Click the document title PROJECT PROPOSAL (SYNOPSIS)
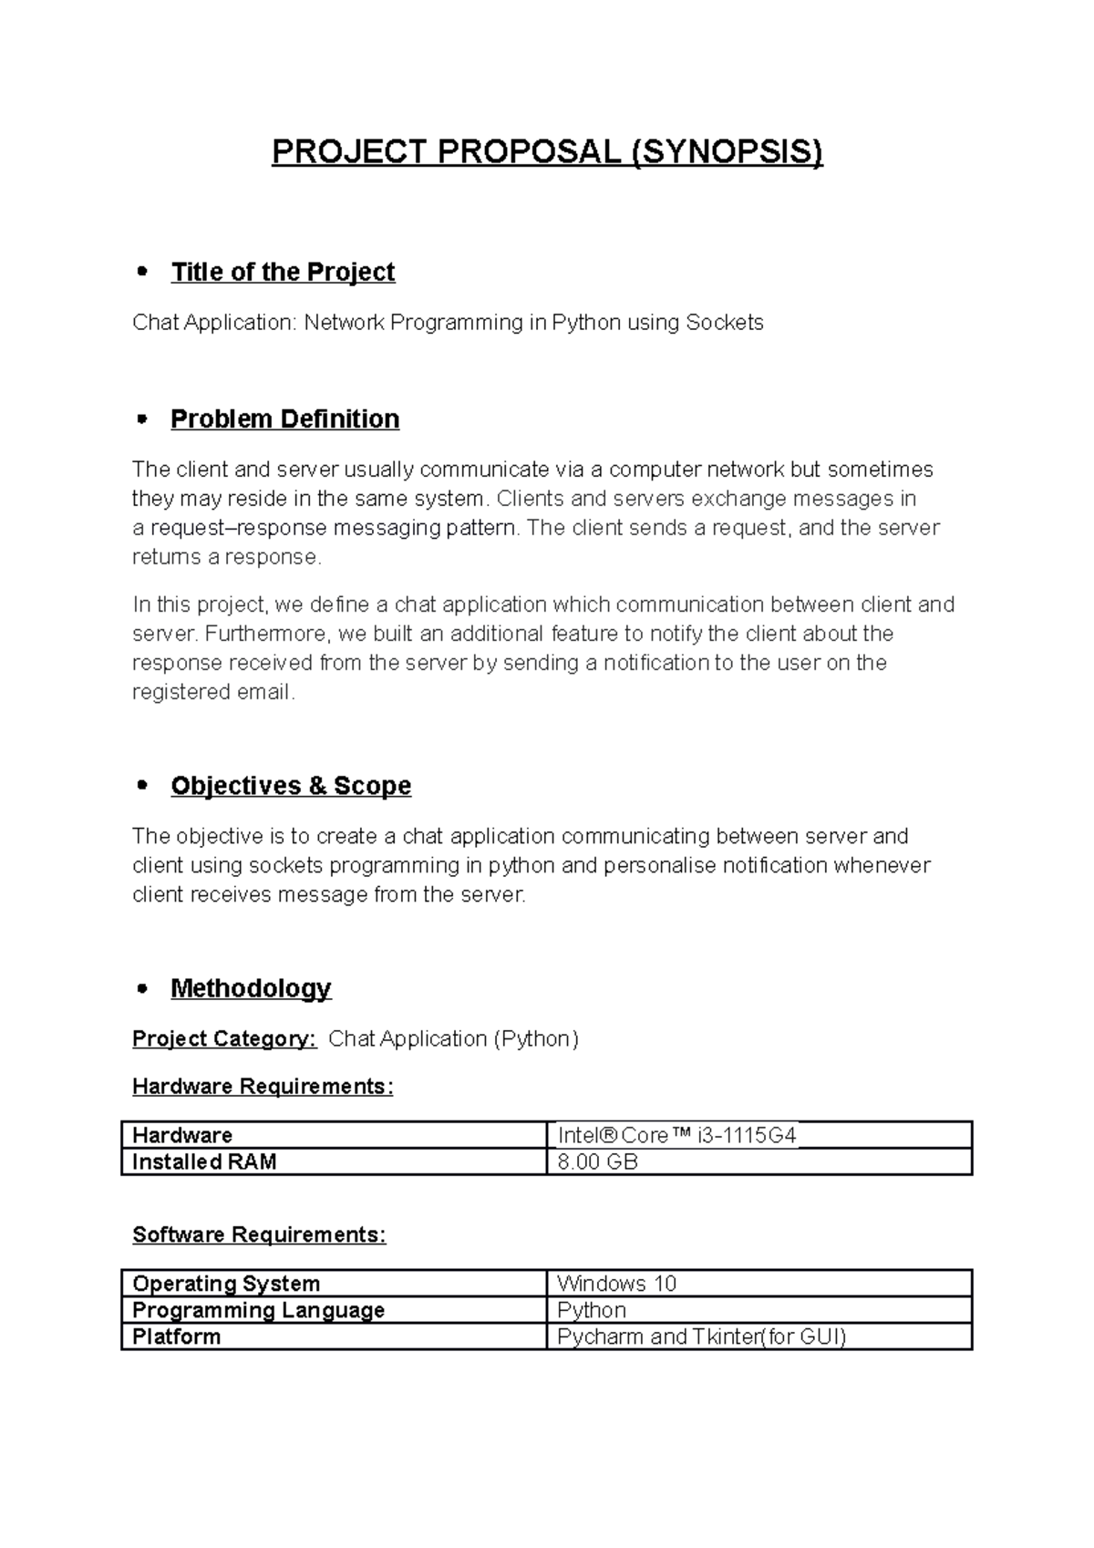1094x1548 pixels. tap(547, 151)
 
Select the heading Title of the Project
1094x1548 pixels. tap(283, 272)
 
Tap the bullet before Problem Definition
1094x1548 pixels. tap(140, 418)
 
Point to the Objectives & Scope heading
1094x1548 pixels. tap(291, 785)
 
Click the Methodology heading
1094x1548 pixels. tap(251, 987)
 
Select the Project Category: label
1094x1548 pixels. tap(224, 1038)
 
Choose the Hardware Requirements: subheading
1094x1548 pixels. tap(263, 1086)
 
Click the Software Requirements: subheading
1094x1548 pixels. tap(259, 1234)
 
